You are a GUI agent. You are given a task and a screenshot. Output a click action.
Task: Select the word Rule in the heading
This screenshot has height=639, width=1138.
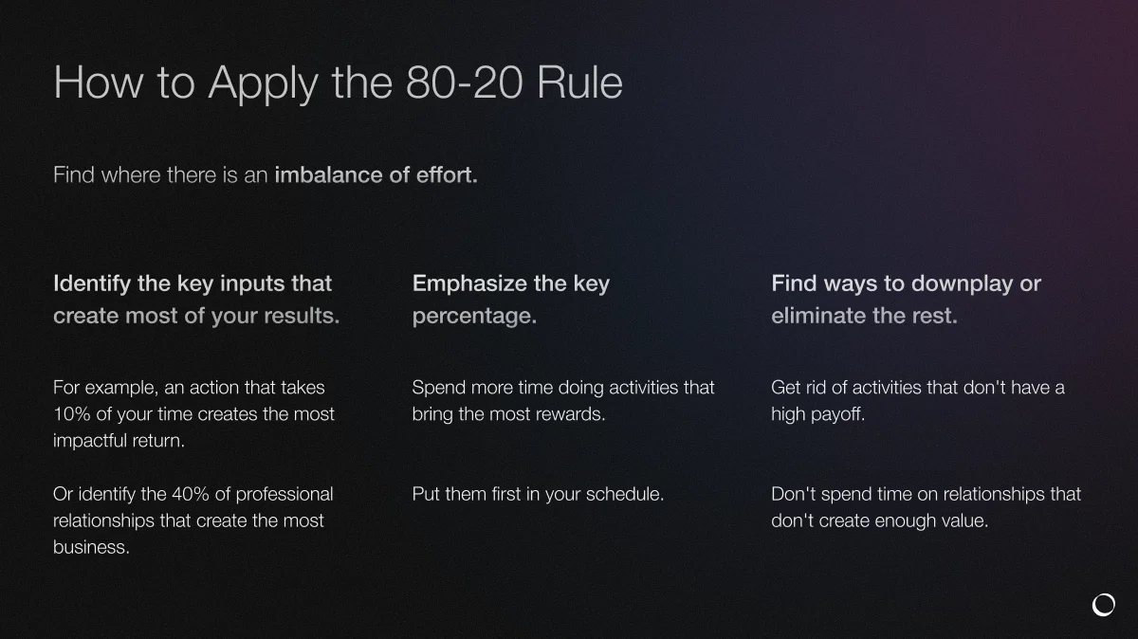[579, 83]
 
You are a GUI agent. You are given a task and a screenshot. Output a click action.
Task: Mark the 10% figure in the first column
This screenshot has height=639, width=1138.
[72, 414]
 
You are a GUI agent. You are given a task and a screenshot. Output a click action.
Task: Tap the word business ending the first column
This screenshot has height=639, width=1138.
[90, 547]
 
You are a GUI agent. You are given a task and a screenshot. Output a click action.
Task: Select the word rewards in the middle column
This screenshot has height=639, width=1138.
[570, 414]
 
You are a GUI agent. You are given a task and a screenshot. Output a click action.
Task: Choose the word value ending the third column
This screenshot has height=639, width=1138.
[964, 520]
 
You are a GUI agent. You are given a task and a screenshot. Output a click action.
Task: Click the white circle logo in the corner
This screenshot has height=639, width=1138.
[1103, 605]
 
